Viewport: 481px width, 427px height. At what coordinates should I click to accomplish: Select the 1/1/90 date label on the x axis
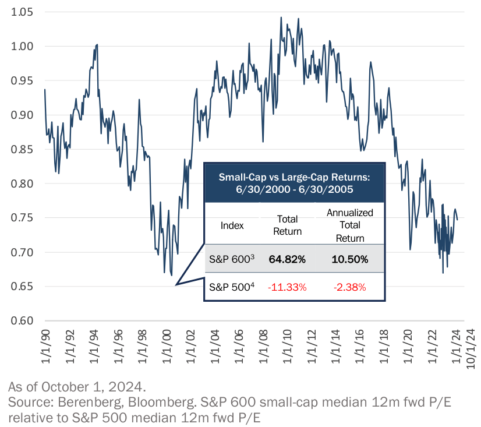tap(45, 348)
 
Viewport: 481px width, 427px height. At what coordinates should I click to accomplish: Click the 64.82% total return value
tap(287, 259)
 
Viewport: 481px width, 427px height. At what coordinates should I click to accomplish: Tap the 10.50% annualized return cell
tap(349, 259)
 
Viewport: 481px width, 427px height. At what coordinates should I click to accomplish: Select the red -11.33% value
tap(287, 287)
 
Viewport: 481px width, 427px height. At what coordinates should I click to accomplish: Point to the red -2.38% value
tap(349, 287)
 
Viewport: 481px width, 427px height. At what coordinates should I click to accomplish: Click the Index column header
tap(232, 225)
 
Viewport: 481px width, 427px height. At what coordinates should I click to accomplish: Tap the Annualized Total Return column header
tap(349, 225)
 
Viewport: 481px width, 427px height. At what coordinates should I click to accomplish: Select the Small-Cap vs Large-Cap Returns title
tap(294, 182)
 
